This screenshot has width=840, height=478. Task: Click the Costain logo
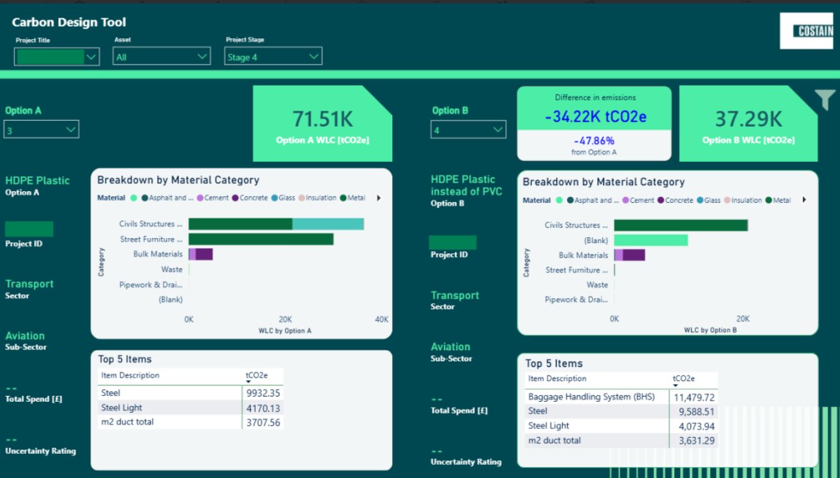pyautogui.click(x=806, y=31)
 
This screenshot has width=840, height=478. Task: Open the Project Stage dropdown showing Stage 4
pyautogui.click(x=273, y=57)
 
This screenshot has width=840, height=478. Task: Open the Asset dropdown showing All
pyautogui.click(x=162, y=57)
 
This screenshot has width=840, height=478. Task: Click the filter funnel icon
pyautogui.click(x=824, y=100)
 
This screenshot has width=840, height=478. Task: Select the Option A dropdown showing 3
pyautogui.click(x=42, y=130)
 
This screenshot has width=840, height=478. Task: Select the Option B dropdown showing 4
pyautogui.click(x=468, y=130)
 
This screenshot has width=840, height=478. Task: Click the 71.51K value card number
pyautogui.click(x=322, y=119)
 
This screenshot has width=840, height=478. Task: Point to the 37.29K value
pyautogui.click(x=748, y=119)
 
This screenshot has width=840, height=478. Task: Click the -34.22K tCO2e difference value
pyautogui.click(x=595, y=117)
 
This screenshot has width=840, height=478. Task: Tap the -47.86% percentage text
pyautogui.click(x=594, y=140)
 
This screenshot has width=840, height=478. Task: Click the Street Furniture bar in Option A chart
pyautogui.click(x=261, y=239)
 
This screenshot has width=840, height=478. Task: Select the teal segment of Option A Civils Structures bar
pyautogui.click(x=328, y=224)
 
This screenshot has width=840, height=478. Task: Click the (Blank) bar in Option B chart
pyautogui.click(x=651, y=240)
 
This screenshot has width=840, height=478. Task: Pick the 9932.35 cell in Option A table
pyautogui.click(x=263, y=393)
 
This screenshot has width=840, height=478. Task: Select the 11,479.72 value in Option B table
pyautogui.click(x=694, y=396)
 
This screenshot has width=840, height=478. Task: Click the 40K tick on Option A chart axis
pyautogui.click(x=381, y=320)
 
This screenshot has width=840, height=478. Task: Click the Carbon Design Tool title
pyautogui.click(x=69, y=23)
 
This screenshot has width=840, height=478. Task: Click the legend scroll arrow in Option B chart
pyautogui.click(x=804, y=200)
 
